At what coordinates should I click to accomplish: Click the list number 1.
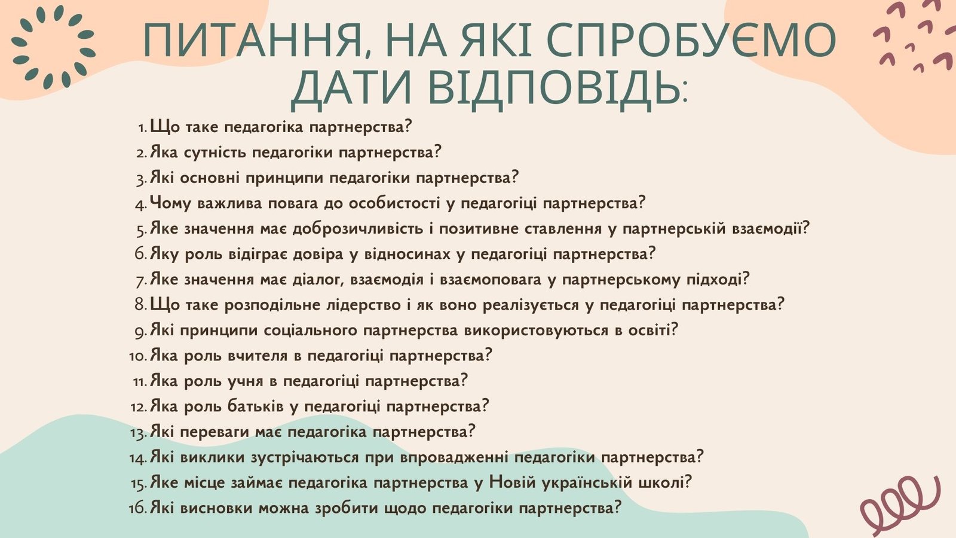[x=143, y=127]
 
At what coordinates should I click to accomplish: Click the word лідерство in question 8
[x=363, y=305]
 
